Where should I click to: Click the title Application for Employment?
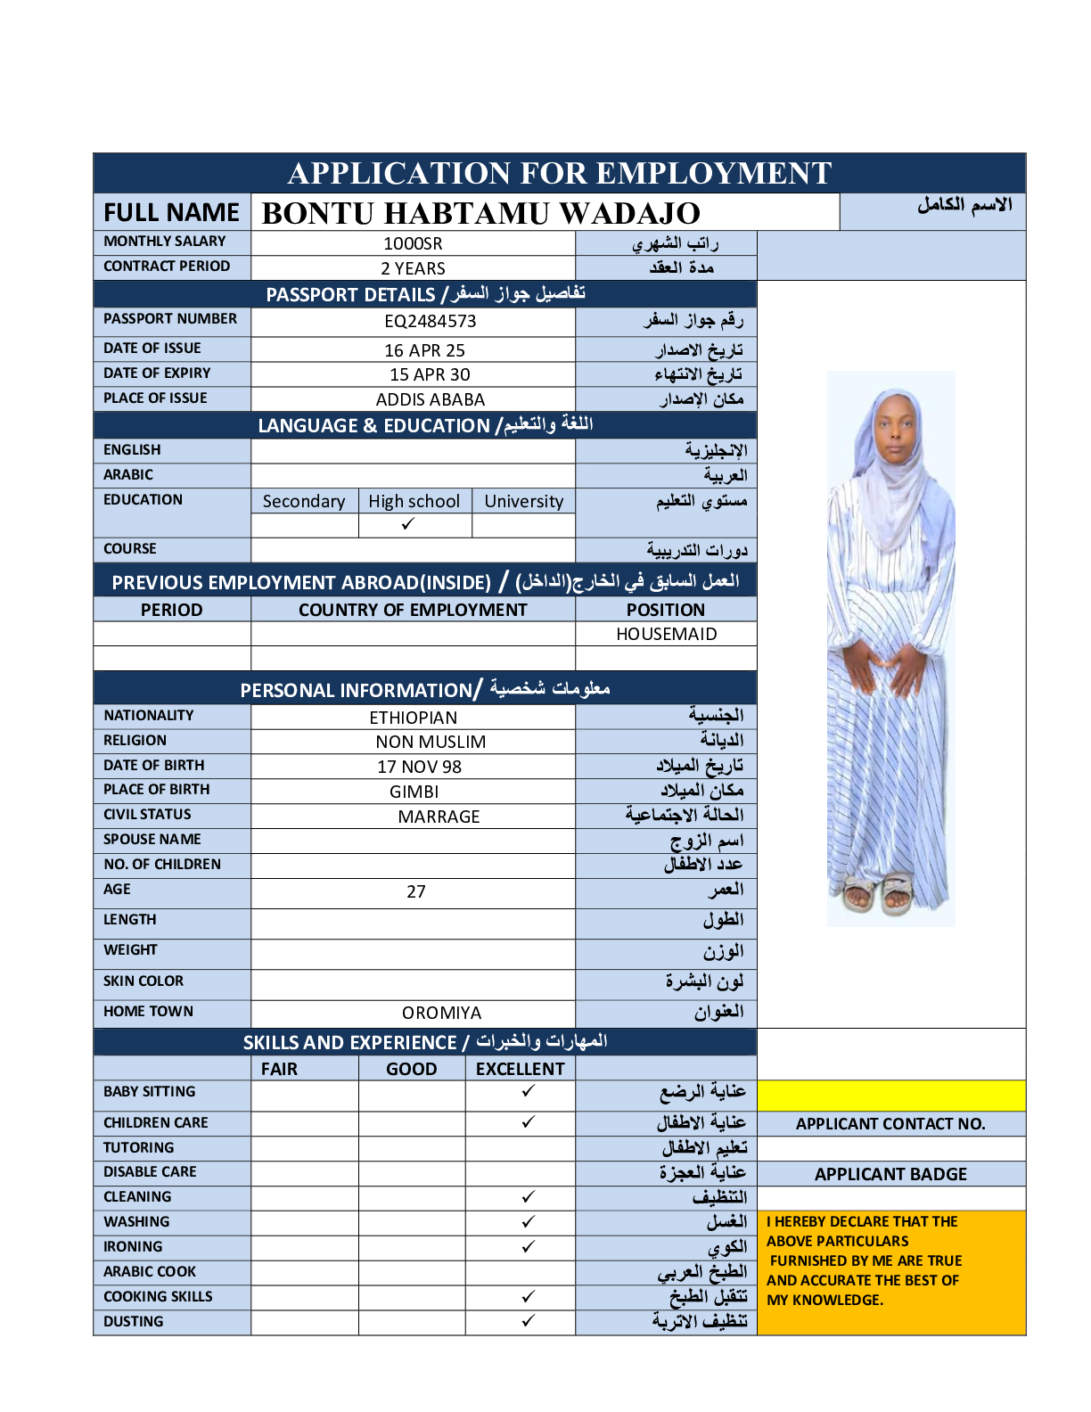point(560,173)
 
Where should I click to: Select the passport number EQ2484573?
point(430,321)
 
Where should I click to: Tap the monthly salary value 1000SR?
point(413,243)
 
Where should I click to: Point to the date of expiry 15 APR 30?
point(430,374)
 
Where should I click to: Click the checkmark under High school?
point(408,524)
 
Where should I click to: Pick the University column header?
point(523,501)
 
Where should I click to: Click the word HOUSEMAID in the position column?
point(666,634)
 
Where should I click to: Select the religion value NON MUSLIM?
point(431,742)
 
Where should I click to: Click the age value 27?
point(416,891)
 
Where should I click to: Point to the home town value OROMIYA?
point(441,1013)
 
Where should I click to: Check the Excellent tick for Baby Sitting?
point(529,1091)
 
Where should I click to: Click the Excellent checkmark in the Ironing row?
point(529,1246)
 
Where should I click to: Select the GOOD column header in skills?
point(411,1069)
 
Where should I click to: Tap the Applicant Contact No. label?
point(890,1124)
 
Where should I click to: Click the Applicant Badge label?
point(890,1174)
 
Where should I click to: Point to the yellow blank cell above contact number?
point(890,1096)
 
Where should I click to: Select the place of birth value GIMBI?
point(414,792)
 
